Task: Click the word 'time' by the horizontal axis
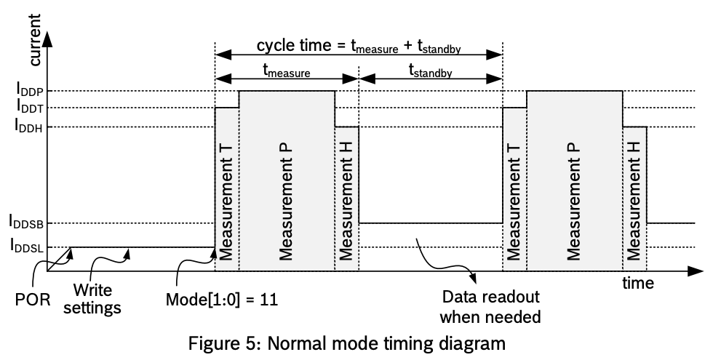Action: point(637,283)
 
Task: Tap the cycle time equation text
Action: point(359,47)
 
